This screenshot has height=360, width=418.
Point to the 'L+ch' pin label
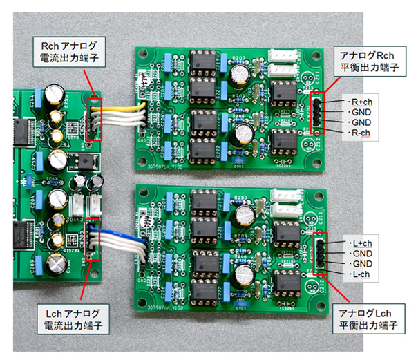[x=362, y=243]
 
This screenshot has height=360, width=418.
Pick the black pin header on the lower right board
[x=320, y=256]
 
